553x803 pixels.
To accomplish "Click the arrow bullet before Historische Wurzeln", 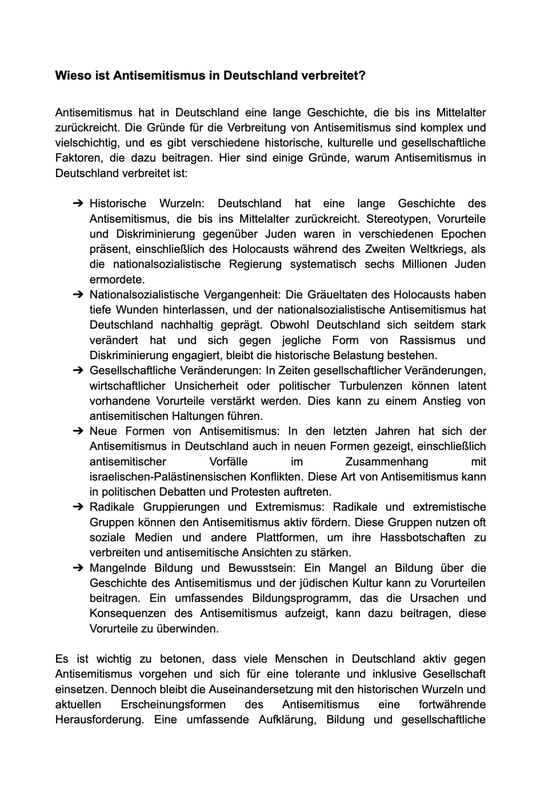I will coord(78,203).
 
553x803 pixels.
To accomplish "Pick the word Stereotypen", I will coord(399,219).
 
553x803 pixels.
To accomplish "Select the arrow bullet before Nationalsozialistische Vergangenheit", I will coord(78,294).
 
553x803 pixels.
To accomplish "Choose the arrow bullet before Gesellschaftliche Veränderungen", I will coord(78,371).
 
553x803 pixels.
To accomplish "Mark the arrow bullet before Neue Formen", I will coord(78,431).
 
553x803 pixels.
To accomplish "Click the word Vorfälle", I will coord(229,461).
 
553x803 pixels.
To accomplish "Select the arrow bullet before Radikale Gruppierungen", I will coord(78,507).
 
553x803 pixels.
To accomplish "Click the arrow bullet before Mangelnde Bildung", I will coord(78,568).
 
